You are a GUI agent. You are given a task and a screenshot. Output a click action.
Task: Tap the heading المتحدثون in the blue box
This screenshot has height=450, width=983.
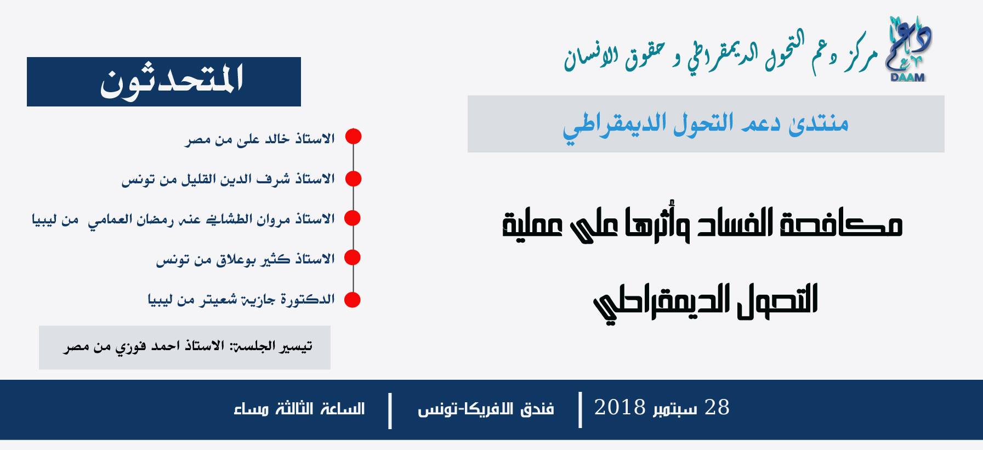pos(172,82)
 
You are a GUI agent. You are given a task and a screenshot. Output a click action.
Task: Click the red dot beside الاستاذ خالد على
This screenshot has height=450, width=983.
pos(353,137)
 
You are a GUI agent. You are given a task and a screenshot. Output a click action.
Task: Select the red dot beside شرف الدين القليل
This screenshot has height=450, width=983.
pos(353,178)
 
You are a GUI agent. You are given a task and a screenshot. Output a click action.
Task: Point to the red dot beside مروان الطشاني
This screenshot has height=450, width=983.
pos(353,218)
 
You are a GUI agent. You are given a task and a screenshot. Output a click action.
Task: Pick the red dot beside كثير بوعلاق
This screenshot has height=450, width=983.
pos(352,257)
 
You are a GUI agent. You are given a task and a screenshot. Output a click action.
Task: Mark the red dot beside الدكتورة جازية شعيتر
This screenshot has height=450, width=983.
pos(352,300)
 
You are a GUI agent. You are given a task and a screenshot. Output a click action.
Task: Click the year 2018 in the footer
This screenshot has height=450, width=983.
pos(620,408)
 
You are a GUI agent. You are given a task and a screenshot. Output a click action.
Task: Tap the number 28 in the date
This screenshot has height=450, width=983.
pos(717,408)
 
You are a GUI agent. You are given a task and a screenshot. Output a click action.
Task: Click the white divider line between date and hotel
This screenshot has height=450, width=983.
pos(580,409)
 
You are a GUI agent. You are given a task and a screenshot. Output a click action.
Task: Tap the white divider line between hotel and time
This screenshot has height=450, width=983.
pos(390,410)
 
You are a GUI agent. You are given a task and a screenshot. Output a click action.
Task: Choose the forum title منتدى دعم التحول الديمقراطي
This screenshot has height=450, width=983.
pos(706,125)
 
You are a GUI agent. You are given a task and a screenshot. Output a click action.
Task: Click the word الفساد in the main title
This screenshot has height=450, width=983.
pos(732,223)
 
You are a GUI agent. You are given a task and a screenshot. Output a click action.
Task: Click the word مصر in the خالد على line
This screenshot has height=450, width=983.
pos(197,139)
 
